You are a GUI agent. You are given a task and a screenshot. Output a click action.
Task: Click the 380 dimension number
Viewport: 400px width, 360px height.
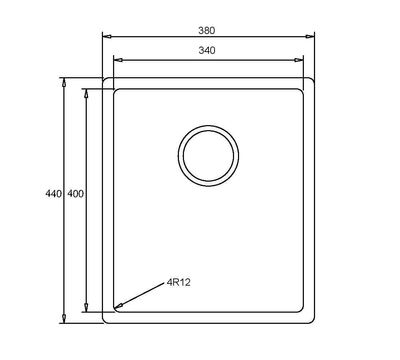tap(207, 31)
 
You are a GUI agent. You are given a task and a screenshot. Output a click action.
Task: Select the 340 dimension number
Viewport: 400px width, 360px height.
tap(207, 51)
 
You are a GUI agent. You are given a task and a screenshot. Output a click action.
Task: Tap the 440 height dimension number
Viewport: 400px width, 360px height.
tap(54, 193)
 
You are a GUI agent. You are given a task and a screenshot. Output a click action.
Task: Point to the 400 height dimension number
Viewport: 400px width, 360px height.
tap(76, 193)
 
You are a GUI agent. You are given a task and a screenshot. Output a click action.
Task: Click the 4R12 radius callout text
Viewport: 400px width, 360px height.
tap(178, 283)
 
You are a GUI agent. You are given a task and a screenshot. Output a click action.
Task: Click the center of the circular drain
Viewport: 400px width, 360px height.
tap(208, 156)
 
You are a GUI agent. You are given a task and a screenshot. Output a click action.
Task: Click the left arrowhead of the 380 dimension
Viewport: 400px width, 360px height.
tap(107, 36)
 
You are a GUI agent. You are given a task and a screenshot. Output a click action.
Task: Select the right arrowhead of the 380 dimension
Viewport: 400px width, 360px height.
tap(310, 36)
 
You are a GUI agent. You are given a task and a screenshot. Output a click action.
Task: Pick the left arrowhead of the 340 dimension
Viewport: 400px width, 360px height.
tap(118, 60)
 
